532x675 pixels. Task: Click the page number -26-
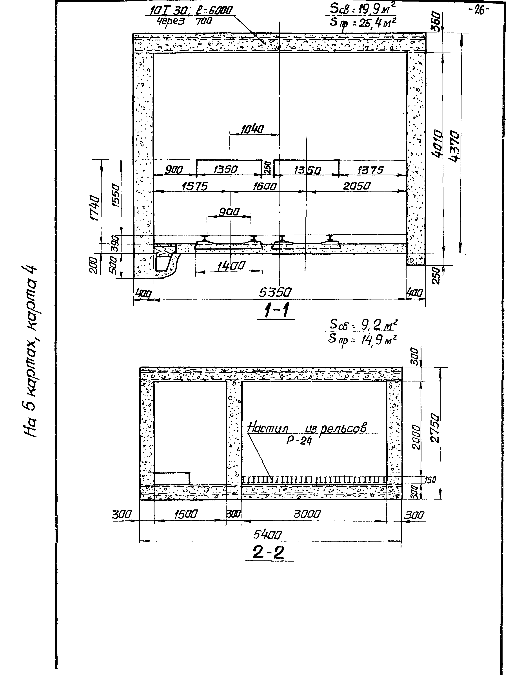point(479,10)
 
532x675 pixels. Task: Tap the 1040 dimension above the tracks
point(252,129)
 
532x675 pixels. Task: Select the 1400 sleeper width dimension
point(231,266)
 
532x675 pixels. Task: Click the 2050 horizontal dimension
point(357,186)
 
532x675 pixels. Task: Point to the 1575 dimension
point(195,186)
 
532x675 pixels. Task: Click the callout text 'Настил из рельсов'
point(307,428)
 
